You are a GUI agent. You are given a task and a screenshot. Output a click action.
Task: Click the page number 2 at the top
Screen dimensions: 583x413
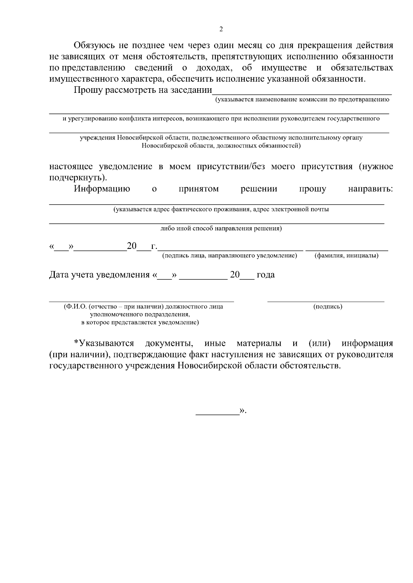click(221, 29)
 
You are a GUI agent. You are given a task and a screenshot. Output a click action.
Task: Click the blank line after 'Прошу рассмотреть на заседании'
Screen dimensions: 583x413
click(302, 91)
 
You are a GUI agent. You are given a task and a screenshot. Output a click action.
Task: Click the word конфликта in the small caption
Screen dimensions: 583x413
click(135, 119)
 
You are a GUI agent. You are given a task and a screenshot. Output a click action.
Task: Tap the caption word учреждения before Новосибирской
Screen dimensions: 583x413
click(97, 138)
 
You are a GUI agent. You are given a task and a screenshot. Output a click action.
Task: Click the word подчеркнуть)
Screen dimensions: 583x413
click(78, 178)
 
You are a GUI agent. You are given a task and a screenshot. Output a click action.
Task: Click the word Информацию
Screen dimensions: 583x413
click(102, 189)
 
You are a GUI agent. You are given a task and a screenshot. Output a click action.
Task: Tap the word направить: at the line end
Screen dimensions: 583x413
click(370, 189)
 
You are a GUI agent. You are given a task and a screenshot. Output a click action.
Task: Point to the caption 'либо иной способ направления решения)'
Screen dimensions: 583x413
click(221, 229)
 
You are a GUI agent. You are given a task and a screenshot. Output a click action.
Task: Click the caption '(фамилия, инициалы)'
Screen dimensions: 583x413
click(347, 256)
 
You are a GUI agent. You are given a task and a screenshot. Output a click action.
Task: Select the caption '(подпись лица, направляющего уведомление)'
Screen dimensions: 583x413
click(230, 256)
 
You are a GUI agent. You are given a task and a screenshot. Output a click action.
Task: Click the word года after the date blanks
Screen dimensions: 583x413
click(266, 275)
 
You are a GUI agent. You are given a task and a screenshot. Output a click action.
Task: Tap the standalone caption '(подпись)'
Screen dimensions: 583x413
click(328, 307)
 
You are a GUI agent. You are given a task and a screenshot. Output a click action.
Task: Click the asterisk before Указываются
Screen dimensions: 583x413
click(76, 343)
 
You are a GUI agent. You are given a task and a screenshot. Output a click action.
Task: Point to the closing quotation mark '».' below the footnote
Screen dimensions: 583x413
click(243, 411)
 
